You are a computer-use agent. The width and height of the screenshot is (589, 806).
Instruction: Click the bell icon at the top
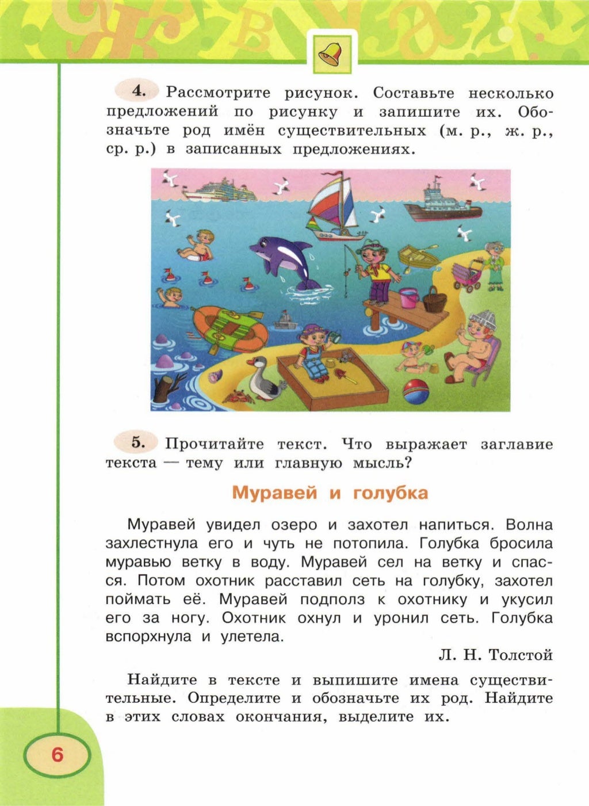(x=333, y=53)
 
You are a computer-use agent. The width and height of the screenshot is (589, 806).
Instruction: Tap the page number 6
(x=57, y=754)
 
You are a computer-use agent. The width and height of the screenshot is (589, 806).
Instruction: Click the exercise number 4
(x=137, y=91)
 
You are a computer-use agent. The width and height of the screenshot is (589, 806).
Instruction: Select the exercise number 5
(x=137, y=442)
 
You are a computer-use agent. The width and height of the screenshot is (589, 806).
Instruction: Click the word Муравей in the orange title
(x=274, y=493)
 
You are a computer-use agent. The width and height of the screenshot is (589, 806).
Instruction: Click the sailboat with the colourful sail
(x=332, y=206)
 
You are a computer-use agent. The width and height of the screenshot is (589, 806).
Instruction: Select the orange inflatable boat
(x=229, y=330)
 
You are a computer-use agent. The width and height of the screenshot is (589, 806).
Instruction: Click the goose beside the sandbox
(x=264, y=380)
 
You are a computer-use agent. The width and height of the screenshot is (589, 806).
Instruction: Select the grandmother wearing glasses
(x=494, y=265)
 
